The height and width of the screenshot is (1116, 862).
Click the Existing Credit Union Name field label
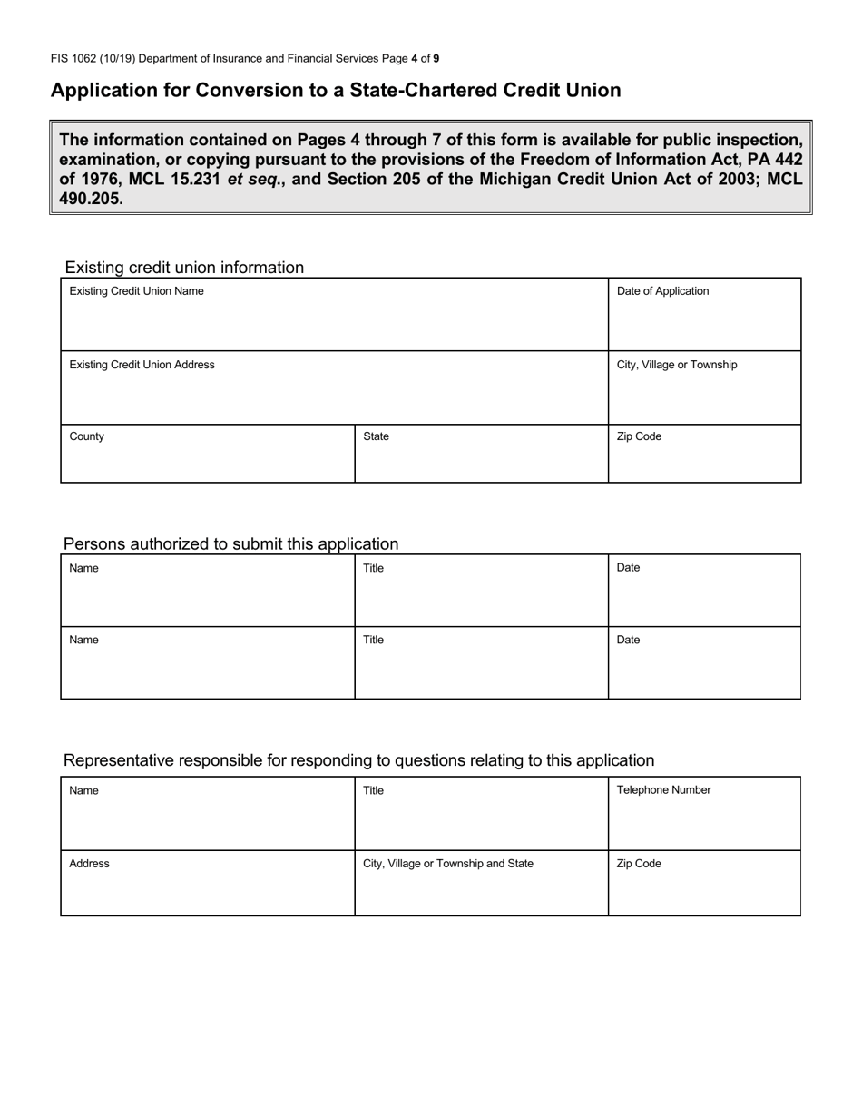[136, 291]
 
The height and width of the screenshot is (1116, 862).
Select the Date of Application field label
[662, 291]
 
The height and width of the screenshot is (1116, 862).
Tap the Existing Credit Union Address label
[142, 365]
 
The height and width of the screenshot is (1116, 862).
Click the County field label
[86, 436]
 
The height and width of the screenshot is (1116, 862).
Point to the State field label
[376, 436]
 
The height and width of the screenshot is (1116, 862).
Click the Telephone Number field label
[663, 790]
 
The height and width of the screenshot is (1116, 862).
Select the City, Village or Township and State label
[448, 864]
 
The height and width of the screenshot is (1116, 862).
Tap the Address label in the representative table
[89, 864]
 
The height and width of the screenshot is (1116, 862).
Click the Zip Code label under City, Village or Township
[639, 436]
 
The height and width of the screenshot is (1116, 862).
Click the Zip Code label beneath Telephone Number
[639, 864]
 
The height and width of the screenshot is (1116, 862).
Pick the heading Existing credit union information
[184, 268]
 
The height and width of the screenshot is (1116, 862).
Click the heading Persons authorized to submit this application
[230, 544]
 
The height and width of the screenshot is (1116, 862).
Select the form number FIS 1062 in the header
[75, 59]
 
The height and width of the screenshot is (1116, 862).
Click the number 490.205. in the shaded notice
[91, 199]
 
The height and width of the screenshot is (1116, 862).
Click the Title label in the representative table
[373, 790]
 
